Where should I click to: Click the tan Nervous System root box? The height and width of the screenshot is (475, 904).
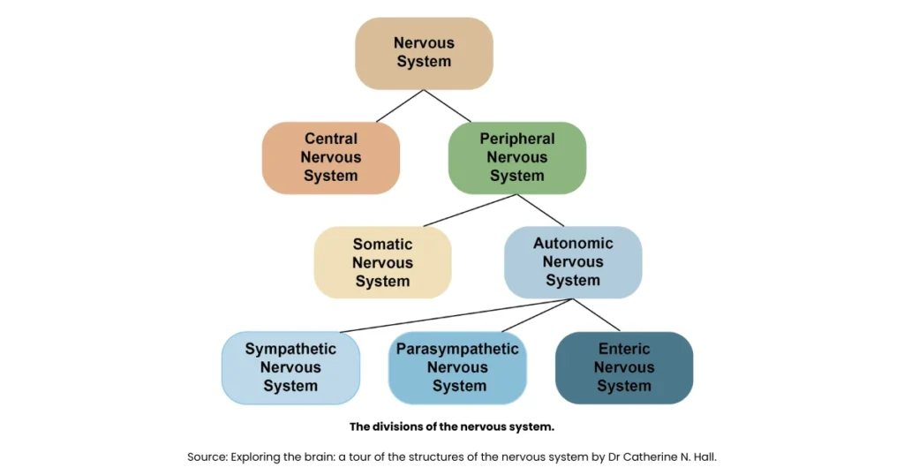pos(423,53)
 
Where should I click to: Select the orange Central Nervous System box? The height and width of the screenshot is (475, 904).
pos(330,157)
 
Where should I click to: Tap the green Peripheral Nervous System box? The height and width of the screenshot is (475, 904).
pos(516,157)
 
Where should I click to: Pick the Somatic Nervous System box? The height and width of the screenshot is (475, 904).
pos(382,262)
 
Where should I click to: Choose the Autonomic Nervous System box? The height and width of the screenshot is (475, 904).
pos(572,261)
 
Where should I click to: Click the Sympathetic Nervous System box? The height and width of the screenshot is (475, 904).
pos(290,367)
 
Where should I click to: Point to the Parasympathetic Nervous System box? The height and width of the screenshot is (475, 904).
pos(457,367)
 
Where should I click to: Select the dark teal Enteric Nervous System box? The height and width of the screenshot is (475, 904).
pos(623,367)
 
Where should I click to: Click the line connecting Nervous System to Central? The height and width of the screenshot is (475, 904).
pos(400,106)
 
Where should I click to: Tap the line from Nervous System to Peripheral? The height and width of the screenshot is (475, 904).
pos(448,106)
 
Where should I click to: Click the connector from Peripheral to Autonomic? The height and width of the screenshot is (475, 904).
pos(540,210)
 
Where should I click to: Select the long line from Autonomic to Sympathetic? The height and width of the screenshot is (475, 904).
pos(456,315)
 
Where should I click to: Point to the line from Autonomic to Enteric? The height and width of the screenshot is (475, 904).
pos(598,315)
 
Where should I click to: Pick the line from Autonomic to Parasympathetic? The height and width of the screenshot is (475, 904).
pos(538,315)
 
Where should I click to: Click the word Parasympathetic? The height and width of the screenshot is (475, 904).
pos(457,349)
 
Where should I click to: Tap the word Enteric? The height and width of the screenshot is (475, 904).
pos(623,349)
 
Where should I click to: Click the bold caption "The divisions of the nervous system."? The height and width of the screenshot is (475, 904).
pos(451,426)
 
